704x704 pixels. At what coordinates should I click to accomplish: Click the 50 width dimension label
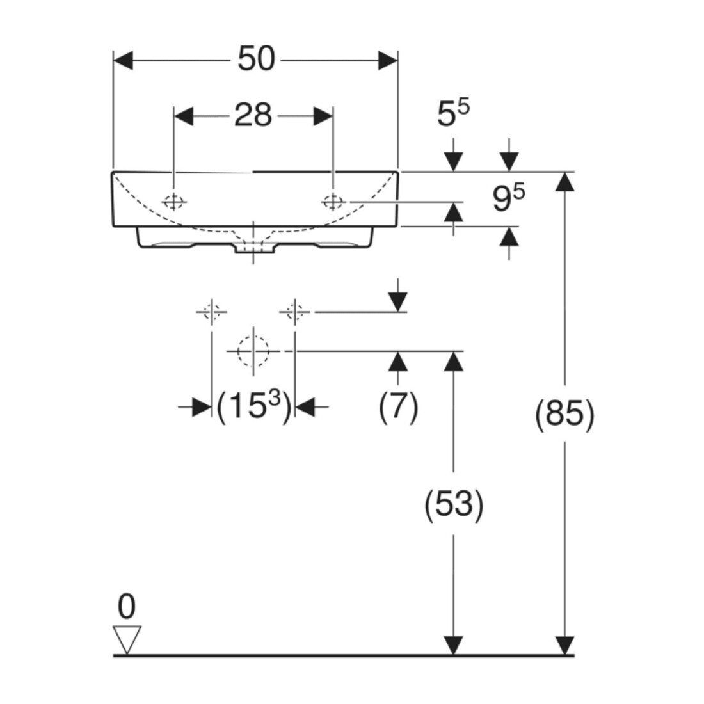coord(256,59)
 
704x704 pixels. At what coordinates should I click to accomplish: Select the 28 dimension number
coord(253,115)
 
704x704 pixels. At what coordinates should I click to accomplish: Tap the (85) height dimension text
coord(564,413)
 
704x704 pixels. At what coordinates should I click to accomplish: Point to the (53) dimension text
coord(454,503)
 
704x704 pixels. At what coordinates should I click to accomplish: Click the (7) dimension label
coord(398,407)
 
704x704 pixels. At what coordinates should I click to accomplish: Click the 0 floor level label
coord(126,607)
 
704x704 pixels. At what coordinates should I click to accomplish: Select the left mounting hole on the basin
coord(173,202)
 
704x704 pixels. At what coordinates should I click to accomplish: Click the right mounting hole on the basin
coord(333,202)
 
